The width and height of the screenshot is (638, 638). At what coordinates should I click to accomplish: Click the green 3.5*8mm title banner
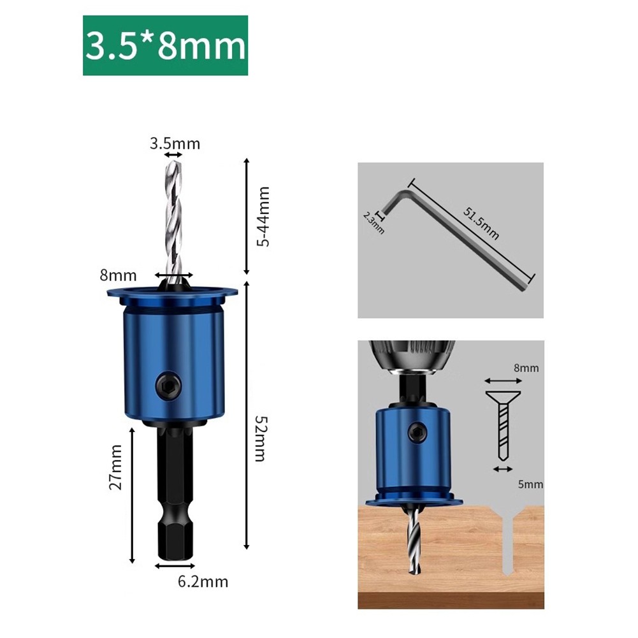pos(165,46)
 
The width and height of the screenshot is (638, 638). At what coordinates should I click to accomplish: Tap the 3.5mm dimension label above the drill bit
pos(175,143)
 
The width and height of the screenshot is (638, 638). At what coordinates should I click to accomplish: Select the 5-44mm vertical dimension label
pos(262,217)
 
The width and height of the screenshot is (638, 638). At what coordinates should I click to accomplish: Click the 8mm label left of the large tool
pos(119,276)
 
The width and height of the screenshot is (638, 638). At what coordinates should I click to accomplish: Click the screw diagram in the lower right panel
pos(503,424)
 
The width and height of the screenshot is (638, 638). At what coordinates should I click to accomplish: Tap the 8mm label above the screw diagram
pos(526,368)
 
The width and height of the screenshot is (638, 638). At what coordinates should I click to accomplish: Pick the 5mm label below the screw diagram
pos(530,484)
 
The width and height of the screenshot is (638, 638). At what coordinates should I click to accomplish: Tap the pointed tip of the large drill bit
pos(173,162)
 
